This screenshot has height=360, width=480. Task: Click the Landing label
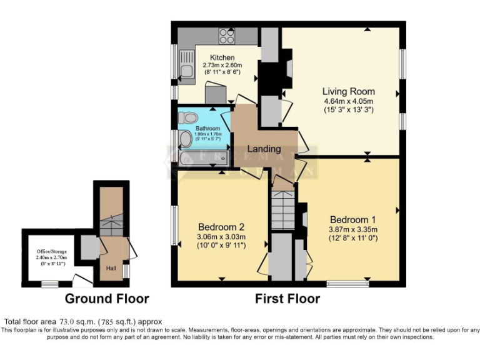coord(264,149)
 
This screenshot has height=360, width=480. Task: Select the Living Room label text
coord(349,91)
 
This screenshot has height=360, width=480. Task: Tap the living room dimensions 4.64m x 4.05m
coord(348,101)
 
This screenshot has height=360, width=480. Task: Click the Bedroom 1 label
coord(353,219)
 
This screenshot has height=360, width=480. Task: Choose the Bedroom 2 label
coord(221,226)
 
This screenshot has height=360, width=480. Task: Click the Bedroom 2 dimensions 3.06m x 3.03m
coord(221,236)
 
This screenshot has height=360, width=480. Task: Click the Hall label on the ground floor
coord(111,268)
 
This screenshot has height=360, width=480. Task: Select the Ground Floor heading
coord(107,298)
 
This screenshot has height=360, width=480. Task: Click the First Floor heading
coord(287,298)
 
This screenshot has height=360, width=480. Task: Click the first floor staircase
coord(282,210)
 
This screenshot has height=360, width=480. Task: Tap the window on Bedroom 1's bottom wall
coord(344,284)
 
